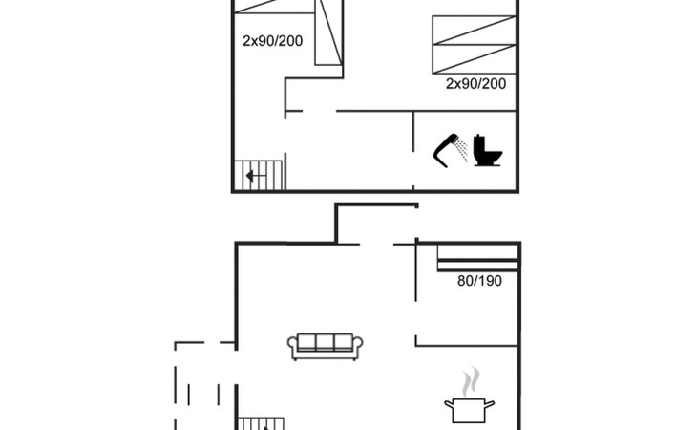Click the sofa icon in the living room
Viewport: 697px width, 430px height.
(325, 347)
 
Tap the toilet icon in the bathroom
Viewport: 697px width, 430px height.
(487, 150)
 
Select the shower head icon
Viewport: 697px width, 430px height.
(446, 150)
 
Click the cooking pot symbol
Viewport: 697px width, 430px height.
(470, 411)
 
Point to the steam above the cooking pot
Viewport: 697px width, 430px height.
(471, 381)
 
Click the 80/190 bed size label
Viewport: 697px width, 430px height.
(479, 281)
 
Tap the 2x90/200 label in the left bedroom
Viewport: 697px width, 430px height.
(272, 41)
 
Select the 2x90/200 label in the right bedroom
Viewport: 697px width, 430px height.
(475, 83)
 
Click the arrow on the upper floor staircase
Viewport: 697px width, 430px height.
(250, 176)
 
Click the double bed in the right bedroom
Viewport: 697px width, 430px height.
(474, 45)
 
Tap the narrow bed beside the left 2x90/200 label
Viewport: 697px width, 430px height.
(328, 32)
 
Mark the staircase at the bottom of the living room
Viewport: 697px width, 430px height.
(261, 423)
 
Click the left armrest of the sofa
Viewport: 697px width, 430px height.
(292, 347)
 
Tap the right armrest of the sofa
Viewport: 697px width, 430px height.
(357, 347)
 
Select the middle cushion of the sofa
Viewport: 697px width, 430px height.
(325, 342)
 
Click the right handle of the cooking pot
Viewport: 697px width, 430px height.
(489, 404)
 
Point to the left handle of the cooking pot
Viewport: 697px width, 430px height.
(450, 404)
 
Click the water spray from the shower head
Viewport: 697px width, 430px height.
(463, 150)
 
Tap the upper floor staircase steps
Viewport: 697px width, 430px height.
(258, 176)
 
